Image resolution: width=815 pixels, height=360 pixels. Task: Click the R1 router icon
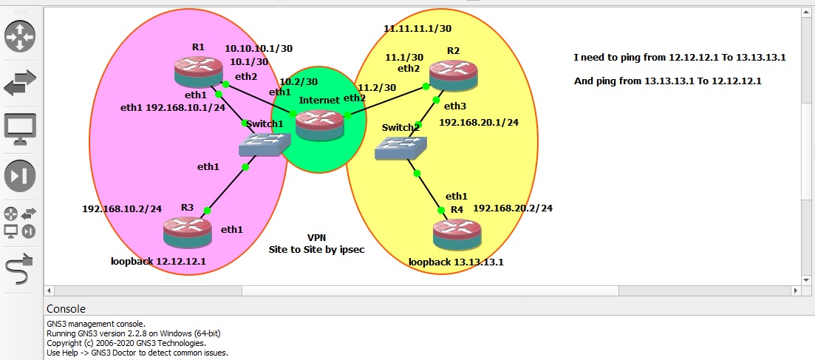click(198, 70)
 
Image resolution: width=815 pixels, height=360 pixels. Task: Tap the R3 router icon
click(187, 231)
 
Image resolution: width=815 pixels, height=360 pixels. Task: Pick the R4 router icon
click(457, 234)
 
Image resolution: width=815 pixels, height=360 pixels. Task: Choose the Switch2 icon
click(400, 149)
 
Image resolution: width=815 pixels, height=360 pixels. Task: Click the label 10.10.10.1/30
click(259, 48)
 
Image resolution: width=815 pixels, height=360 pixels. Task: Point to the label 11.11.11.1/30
click(417, 28)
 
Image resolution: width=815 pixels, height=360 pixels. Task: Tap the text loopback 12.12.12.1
click(158, 261)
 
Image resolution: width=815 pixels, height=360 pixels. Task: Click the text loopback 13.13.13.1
click(456, 262)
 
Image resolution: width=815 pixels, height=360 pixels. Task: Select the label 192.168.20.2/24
click(513, 208)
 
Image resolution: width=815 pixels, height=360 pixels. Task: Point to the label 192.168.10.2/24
click(122, 208)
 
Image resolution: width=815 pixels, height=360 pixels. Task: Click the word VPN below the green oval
click(316, 237)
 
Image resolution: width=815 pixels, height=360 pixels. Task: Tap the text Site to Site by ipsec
click(316, 249)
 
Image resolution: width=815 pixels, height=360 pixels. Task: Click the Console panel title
click(66, 308)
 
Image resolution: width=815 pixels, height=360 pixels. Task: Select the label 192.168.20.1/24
click(479, 122)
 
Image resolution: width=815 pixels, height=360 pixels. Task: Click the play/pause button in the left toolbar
click(20, 175)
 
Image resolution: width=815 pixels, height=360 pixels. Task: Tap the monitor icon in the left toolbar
click(20, 128)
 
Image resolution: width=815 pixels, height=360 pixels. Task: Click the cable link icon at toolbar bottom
click(20, 271)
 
